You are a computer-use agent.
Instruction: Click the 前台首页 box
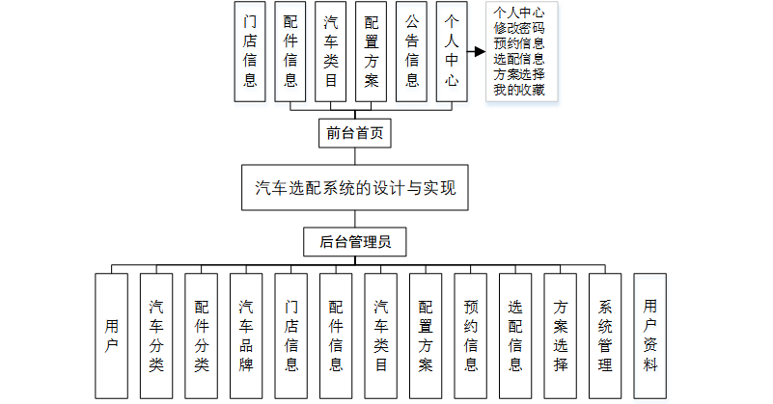coord(354,133)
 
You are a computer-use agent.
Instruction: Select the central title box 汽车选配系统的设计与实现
coord(354,188)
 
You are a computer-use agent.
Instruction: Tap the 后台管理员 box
coord(354,242)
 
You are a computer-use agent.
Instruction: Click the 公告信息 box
coord(412,52)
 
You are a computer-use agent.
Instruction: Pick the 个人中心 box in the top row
coord(452,52)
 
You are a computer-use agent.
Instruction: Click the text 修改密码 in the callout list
coord(518,28)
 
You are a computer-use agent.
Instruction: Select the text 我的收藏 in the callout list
coord(518,90)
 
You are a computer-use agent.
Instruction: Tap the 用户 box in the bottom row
coord(111,336)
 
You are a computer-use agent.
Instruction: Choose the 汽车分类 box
coord(156,336)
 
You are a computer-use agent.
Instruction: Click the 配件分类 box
coord(202,336)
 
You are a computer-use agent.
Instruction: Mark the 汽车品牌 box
coord(246,336)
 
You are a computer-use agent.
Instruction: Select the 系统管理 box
coord(605,336)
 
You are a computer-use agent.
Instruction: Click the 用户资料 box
coord(650,336)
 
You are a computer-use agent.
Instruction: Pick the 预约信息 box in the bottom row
coord(471,336)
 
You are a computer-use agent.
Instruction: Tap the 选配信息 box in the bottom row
coord(515,336)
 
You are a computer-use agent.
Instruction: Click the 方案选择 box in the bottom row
coord(561,336)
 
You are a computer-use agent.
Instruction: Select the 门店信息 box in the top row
coord(250,52)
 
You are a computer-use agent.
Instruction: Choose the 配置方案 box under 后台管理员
coord(426,336)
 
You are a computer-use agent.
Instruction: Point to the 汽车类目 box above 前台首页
coord(331,52)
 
